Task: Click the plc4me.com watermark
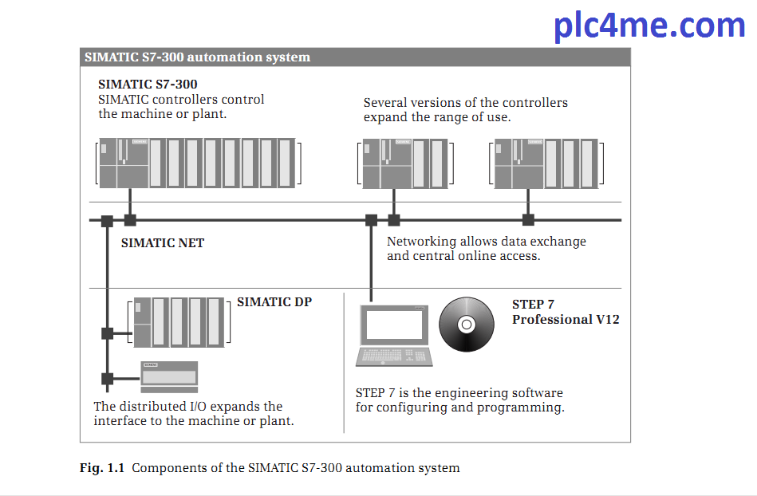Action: tap(649, 26)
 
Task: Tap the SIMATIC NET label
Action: tap(163, 242)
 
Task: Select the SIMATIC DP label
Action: tap(274, 302)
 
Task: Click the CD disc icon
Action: tap(467, 325)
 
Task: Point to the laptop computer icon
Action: tap(395, 335)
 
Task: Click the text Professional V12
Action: tap(566, 319)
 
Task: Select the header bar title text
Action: tap(198, 57)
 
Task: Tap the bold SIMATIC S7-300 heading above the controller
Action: tap(148, 84)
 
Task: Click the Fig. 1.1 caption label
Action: tap(102, 468)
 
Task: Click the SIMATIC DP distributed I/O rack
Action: tap(178, 321)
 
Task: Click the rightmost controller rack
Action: tap(546, 163)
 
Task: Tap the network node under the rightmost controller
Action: tap(527, 220)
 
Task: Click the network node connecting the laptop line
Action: tap(370, 220)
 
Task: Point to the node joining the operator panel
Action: tap(107, 378)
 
